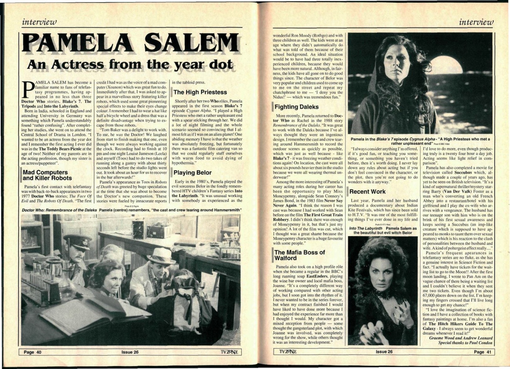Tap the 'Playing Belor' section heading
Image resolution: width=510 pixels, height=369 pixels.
coord(192,172)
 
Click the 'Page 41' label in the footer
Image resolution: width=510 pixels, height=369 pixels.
coord(482,352)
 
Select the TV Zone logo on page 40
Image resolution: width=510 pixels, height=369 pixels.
coord(227,352)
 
